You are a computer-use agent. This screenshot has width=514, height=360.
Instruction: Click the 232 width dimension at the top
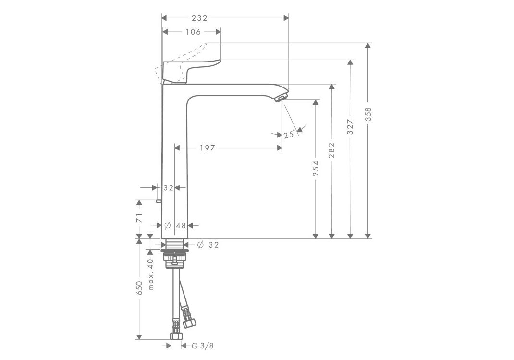coord(200,18)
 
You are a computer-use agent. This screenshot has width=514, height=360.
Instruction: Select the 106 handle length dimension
coord(193,32)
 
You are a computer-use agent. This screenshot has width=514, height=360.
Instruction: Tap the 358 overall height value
coord(368,114)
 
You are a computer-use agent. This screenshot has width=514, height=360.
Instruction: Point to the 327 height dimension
coord(350,126)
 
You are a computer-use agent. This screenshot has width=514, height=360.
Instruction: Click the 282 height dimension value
coord(332,150)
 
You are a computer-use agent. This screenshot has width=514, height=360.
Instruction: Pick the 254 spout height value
coord(316,168)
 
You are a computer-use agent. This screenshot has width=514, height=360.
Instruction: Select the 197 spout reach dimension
coord(208,148)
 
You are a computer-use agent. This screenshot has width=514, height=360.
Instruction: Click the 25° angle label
coord(290,135)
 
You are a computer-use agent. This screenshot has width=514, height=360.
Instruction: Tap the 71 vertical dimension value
coord(139,218)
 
